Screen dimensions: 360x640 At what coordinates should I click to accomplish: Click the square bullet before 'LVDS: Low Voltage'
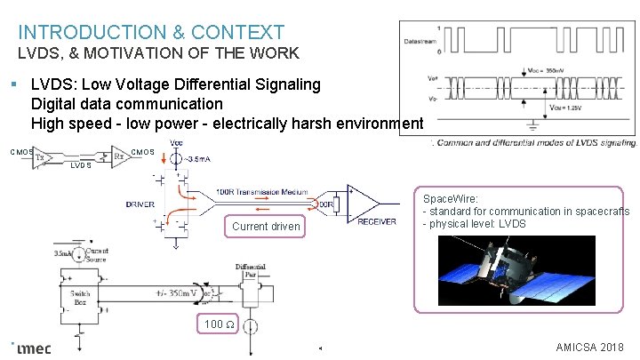[x=15, y=85]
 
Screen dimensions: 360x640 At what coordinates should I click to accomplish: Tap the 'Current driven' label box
[x=266, y=227]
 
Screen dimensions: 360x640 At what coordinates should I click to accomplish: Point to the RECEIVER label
[x=377, y=221]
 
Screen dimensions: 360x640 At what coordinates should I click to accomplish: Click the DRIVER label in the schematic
[x=140, y=204]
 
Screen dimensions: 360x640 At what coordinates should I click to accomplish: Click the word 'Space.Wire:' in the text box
[x=452, y=200]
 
